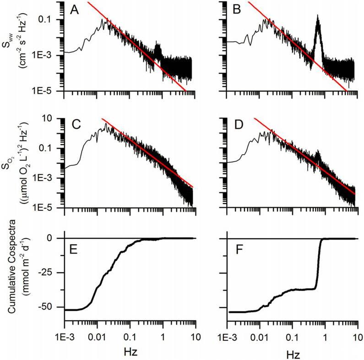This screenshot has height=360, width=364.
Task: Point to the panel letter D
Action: (x=238, y=126)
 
